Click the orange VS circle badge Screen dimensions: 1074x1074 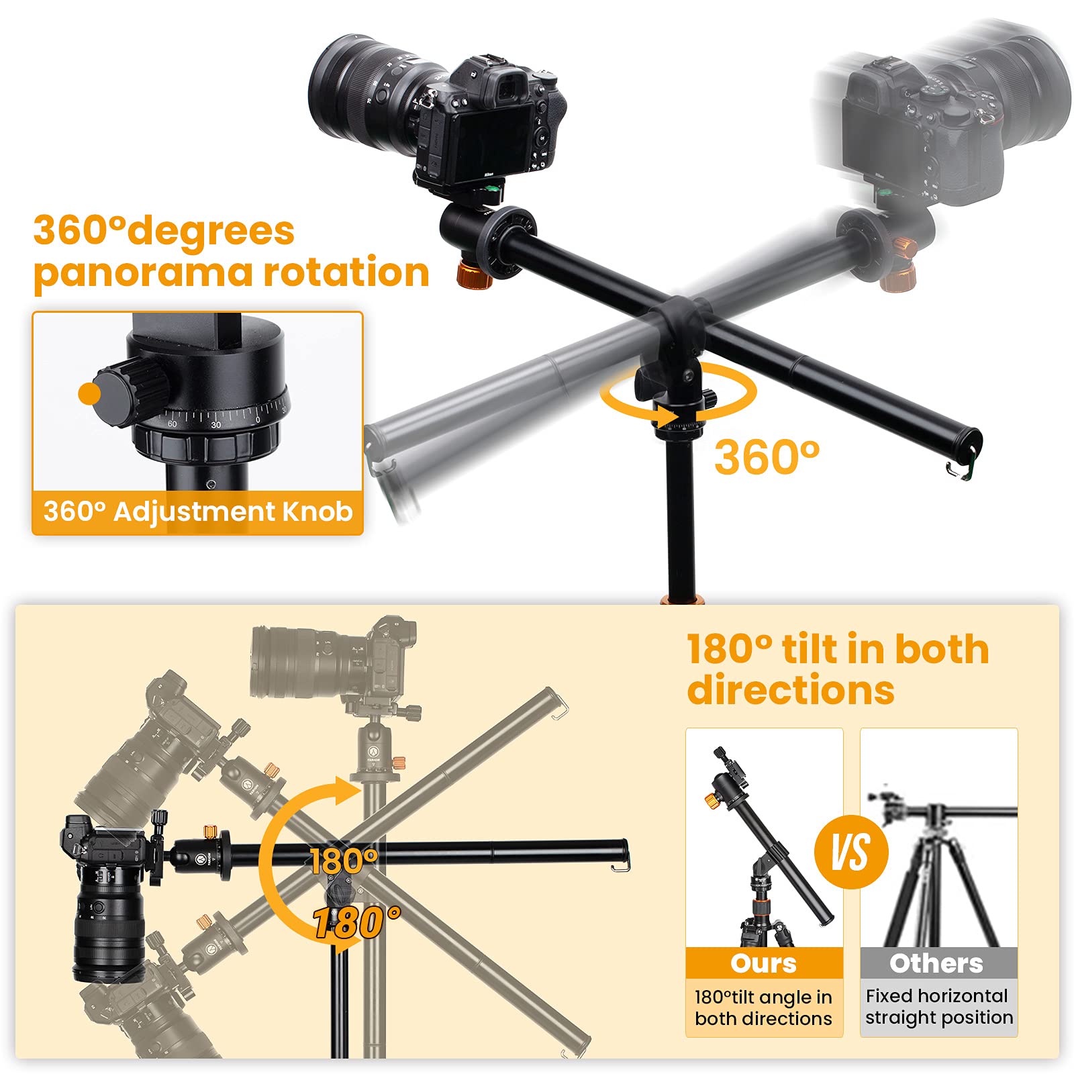tap(851, 852)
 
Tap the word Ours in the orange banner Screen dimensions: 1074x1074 tap(764, 963)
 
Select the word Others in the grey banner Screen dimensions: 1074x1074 tap(936, 963)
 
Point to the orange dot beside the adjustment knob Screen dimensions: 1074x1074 tap(89, 394)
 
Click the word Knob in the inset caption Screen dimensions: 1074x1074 tap(318, 511)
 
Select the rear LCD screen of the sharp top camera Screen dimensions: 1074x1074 tap(494, 140)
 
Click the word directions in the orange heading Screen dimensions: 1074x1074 tap(791, 690)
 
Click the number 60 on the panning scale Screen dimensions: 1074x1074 tap(173, 424)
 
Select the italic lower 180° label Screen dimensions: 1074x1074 tap(356, 922)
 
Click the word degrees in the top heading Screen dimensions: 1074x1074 tap(211, 231)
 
